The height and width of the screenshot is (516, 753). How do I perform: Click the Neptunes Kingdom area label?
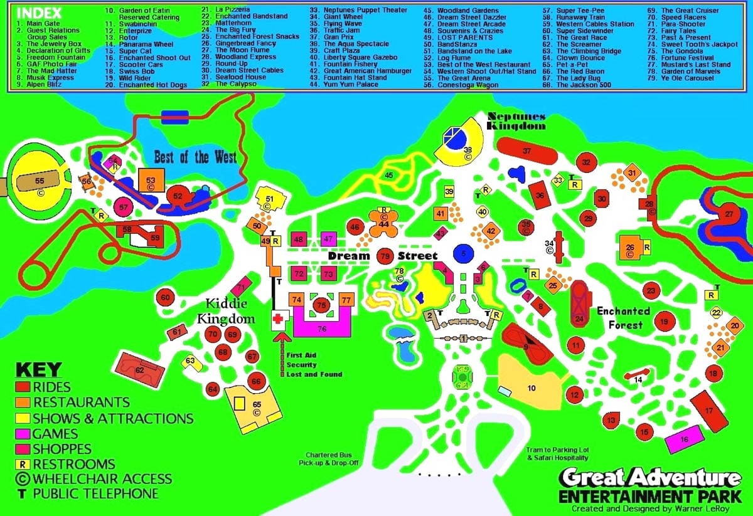pos(518,121)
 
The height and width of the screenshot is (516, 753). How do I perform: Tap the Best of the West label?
pos(196,157)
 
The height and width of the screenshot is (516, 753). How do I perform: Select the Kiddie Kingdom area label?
pos(226,312)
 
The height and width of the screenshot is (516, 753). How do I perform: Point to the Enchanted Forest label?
pos(624,318)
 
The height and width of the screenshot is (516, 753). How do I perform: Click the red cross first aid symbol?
pos(278,320)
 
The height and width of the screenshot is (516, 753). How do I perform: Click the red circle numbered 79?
pos(385,256)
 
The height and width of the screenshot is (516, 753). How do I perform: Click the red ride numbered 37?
pos(526,151)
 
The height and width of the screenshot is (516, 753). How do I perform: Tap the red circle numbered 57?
pos(124,207)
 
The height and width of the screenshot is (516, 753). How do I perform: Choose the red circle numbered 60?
pos(165,298)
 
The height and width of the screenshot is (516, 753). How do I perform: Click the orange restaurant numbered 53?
pos(151,181)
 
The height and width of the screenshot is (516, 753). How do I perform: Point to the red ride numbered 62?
pos(140,371)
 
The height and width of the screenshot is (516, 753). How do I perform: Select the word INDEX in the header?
pos(40,12)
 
